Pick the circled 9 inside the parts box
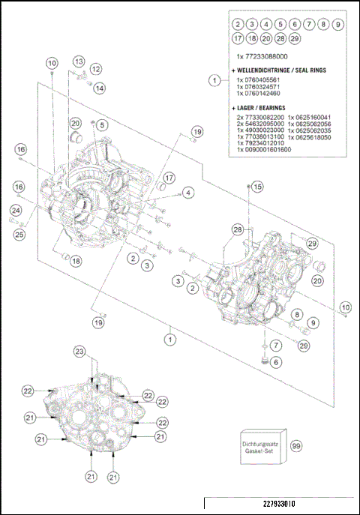pyautogui.click(x=337, y=24)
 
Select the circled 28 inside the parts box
pyautogui.click(x=280, y=38)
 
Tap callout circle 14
pyautogui.click(x=100, y=88)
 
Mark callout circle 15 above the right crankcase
pyautogui.click(x=257, y=186)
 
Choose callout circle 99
pyautogui.click(x=296, y=446)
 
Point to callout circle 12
pyautogui.click(x=95, y=69)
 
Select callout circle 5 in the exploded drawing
pyautogui.click(x=101, y=124)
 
